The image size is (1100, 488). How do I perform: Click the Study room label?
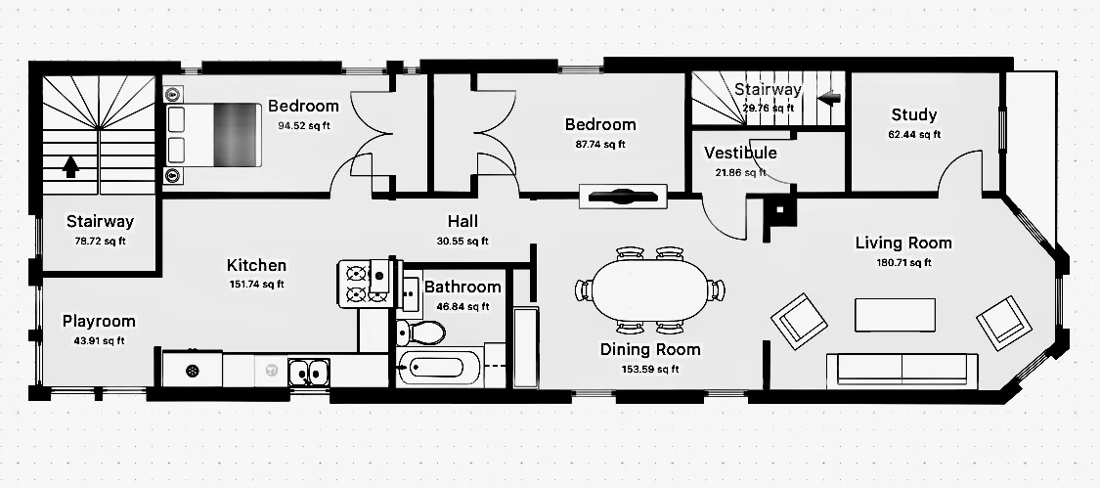coord(914,114)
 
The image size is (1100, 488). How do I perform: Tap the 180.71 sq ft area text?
coord(904,262)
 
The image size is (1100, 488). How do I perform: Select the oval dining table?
coord(649,289)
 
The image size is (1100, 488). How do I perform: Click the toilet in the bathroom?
coord(420,333)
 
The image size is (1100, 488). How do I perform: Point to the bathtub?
coord(437,371)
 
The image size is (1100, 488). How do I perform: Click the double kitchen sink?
coord(308,373)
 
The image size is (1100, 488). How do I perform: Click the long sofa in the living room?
coord(902,370)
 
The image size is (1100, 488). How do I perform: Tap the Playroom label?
coord(99,321)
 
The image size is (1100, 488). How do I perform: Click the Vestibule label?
coord(740,153)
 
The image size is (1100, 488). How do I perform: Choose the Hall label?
coord(462,221)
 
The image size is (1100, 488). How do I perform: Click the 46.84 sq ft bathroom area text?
coord(464,306)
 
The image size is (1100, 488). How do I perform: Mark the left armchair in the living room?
coord(799,319)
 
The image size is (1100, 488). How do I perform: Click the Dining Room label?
coord(649,349)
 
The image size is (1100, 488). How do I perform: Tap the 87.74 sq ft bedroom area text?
coord(600,144)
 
